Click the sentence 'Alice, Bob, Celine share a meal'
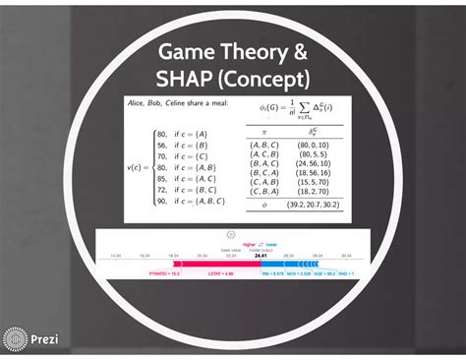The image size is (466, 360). (x=173, y=102)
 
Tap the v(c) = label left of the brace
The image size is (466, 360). (x=139, y=167)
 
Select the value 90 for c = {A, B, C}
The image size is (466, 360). (x=161, y=202)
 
